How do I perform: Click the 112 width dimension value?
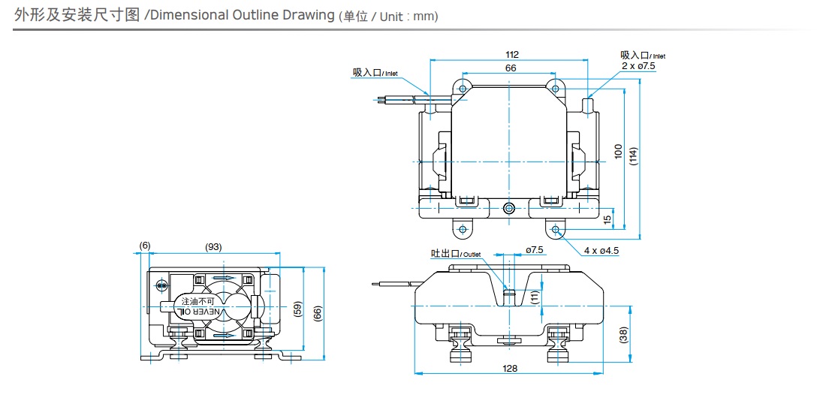coord(512,54)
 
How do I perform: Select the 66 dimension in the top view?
coord(511,68)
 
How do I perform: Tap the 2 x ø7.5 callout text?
coord(638,66)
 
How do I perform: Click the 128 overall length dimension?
coord(511,368)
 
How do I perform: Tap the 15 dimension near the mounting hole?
coord(607,219)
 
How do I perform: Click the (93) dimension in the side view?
coord(214,247)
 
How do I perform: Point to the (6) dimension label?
coord(145,247)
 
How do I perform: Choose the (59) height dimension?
coord(297,308)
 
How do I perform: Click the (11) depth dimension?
coord(534,297)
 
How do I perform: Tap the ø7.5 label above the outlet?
coord(534,250)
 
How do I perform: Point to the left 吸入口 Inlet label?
coord(375,73)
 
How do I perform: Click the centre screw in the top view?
coord(509,209)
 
